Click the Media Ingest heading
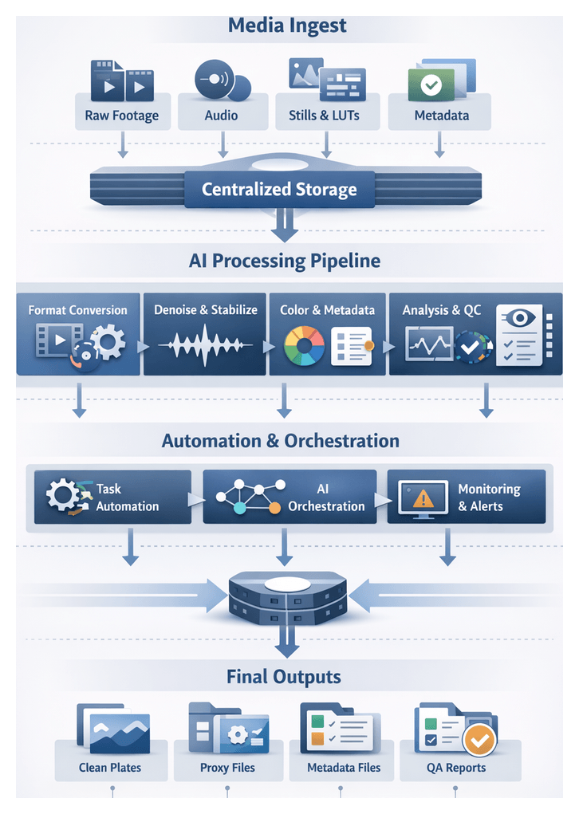[287, 25]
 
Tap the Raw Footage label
[121, 116]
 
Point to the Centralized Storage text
[279, 190]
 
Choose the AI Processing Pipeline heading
[285, 261]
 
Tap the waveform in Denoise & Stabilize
[205, 346]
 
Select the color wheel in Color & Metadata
[304, 345]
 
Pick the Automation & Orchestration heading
[281, 441]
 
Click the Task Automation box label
[127, 497]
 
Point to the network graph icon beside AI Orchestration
[248, 497]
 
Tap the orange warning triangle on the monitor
[423, 500]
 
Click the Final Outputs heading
[284, 678]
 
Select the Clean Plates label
[110, 768]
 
